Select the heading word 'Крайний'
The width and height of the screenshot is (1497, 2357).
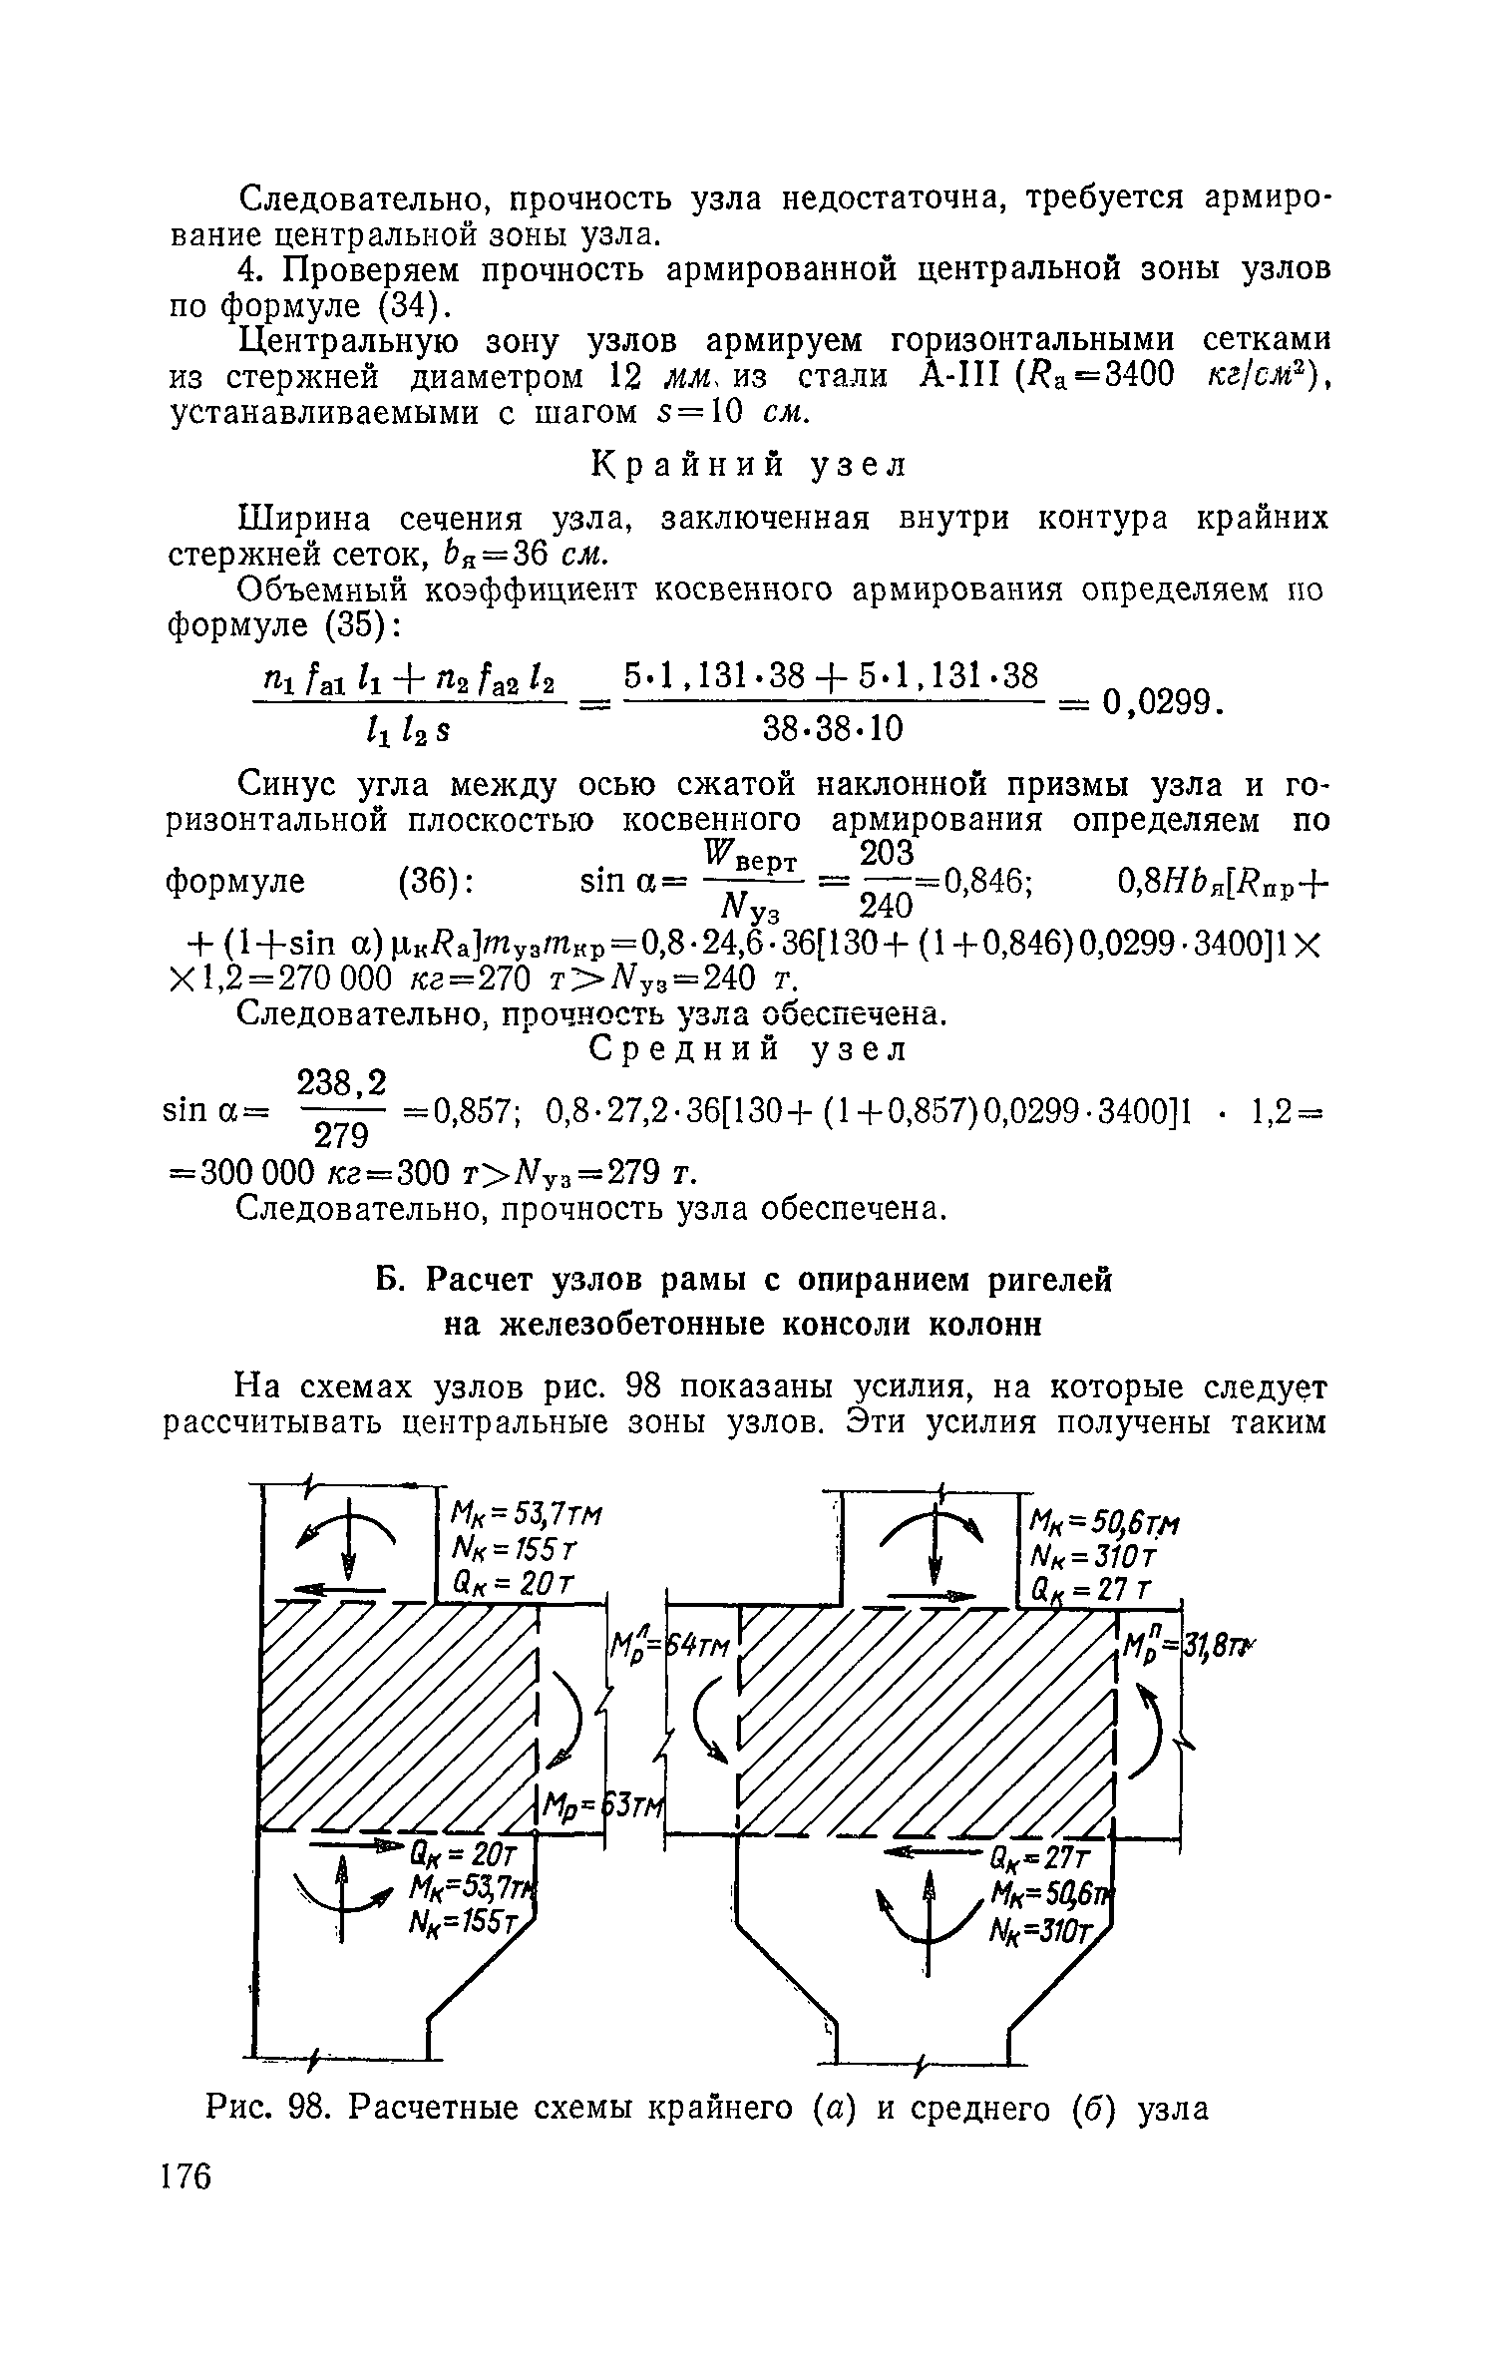pyautogui.click(x=690, y=465)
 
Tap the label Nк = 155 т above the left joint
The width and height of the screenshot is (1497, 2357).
pyautogui.click(x=512, y=1549)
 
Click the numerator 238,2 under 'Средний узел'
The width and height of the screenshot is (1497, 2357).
pyautogui.click(x=342, y=1082)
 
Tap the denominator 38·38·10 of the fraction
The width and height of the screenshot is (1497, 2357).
pyautogui.click(x=833, y=731)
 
